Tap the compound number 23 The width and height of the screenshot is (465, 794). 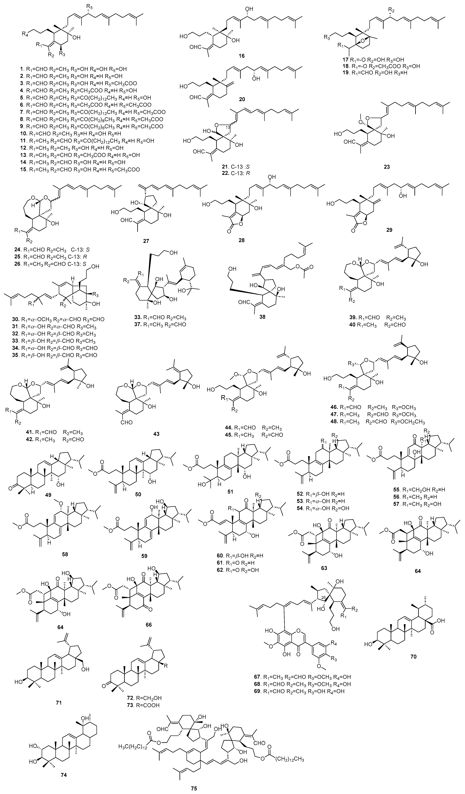[x=387, y=167]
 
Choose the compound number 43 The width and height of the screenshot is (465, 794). [x=156, y=434]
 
